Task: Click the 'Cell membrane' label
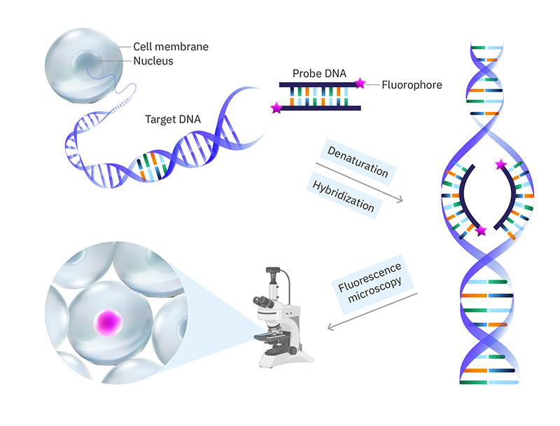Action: [x=171, y=47]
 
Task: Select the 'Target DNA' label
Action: [x=173, y=119]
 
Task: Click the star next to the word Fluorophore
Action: [x=360, y=84]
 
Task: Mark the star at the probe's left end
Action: [x=276, y=108]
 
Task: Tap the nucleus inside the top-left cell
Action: [x=90, y=62]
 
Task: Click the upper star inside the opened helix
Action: [x=500, y=165]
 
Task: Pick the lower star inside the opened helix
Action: [x=481, y=231]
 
